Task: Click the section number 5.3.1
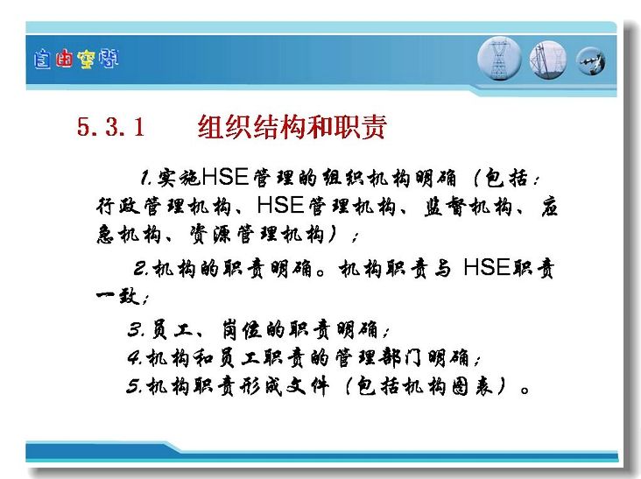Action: pos(110,127)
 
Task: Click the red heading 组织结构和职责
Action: pos(292,127)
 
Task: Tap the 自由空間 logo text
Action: pos(76,60)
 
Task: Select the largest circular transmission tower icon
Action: pos(499,59)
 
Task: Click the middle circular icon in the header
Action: pos(548,60)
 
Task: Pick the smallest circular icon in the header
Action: pos(591,61)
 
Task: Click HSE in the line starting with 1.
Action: pos(225,177)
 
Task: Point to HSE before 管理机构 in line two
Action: pos(280,205)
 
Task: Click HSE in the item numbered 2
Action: pos(487,268)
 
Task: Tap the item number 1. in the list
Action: pos(146,178)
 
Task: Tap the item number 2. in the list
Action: pos(141,269)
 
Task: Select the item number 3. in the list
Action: pos(136,329)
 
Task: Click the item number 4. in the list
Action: pos(135,357)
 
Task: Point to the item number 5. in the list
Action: pos(135,385)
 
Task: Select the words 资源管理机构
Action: pos(257,234)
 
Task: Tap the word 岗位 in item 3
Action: pos(242,329)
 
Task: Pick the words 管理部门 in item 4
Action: pos(380,357)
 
